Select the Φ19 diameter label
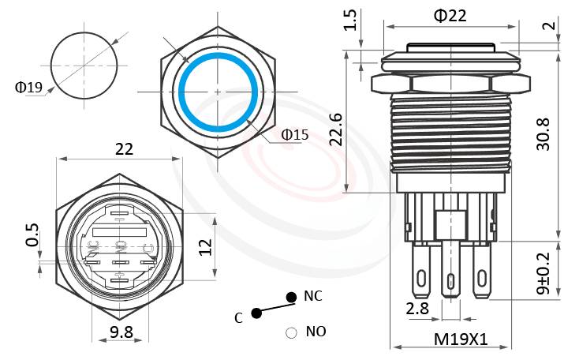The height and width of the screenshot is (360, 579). pos(28,87)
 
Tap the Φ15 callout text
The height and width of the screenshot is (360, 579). pos(295,134)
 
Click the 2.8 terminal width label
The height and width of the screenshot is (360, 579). pos(417,308)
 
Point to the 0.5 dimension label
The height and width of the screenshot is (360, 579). pos(32,235)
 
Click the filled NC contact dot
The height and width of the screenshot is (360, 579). pos(291,297)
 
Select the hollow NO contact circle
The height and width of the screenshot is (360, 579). pos(291,332)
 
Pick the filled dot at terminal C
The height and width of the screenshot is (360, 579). pos(256,313)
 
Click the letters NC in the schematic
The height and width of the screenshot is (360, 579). pos(313,296)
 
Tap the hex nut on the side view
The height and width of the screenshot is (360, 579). pos(447,82)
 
